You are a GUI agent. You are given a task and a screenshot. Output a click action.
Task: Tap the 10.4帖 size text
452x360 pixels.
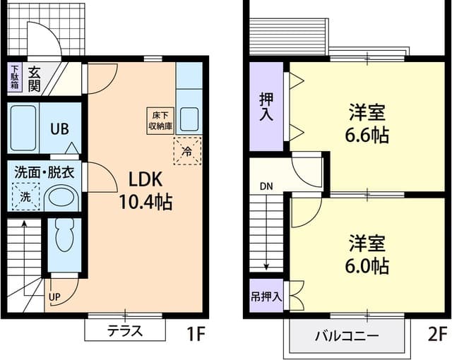pos(145,202)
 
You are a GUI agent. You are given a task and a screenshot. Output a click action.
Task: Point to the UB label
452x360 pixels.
pos(59,128)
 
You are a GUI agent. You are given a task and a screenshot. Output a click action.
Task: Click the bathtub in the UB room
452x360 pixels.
pos(23,128)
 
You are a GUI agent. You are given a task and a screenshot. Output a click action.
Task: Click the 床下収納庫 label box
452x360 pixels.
pos(158,121)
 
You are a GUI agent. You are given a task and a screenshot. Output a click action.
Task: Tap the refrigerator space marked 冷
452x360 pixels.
pos(187,150)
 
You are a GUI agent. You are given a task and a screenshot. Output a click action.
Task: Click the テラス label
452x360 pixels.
pos(125,330)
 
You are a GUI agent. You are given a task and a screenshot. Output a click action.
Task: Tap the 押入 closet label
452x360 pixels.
pos(266,107)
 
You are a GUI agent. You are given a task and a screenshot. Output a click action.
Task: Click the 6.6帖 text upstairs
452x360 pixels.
pos(368,135)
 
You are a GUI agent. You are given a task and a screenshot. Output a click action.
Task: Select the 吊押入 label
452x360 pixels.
pos(266,296)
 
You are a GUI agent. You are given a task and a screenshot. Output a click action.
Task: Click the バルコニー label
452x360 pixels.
pos(347,335)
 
